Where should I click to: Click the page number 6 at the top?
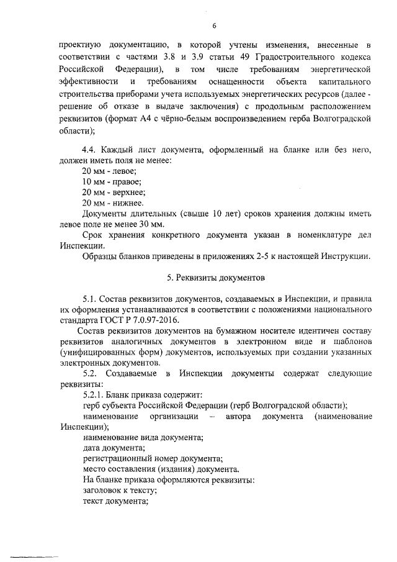(x=214, y=25)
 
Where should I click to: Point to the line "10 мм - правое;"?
(x=112, y=181)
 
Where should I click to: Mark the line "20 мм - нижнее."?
(x=113, y=203)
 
